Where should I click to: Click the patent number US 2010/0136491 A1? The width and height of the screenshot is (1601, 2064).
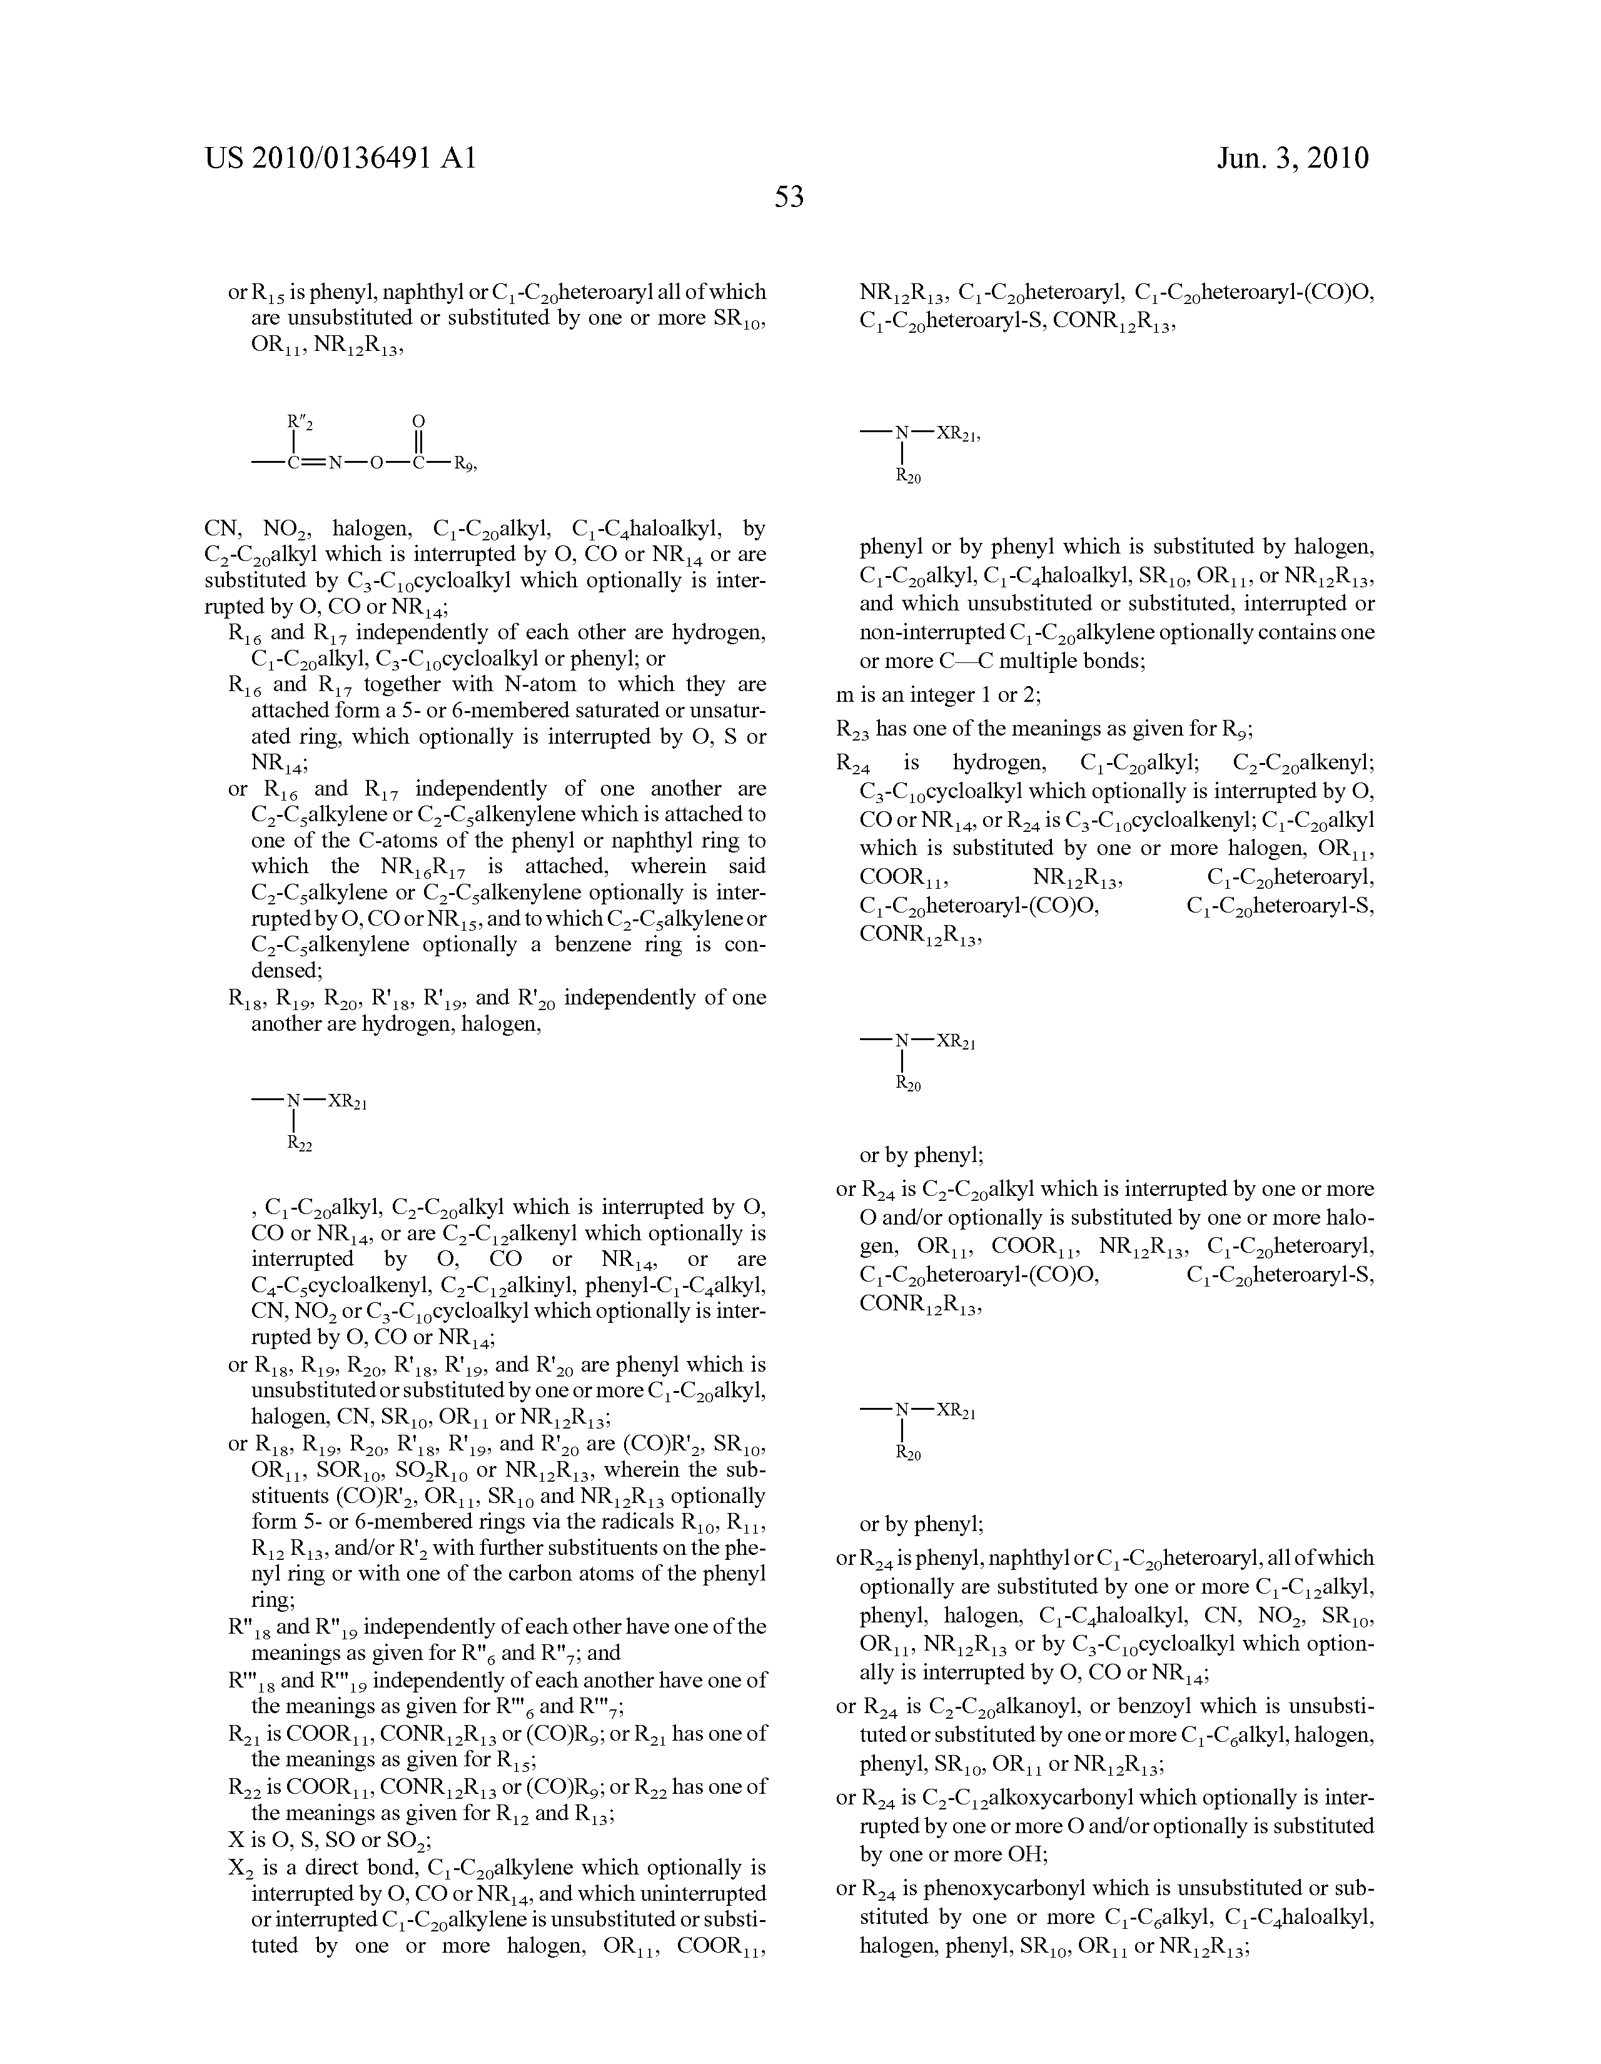[340, 158]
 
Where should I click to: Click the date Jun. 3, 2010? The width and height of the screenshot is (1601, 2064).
[1292, 158]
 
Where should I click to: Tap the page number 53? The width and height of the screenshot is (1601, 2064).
[789, 198]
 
